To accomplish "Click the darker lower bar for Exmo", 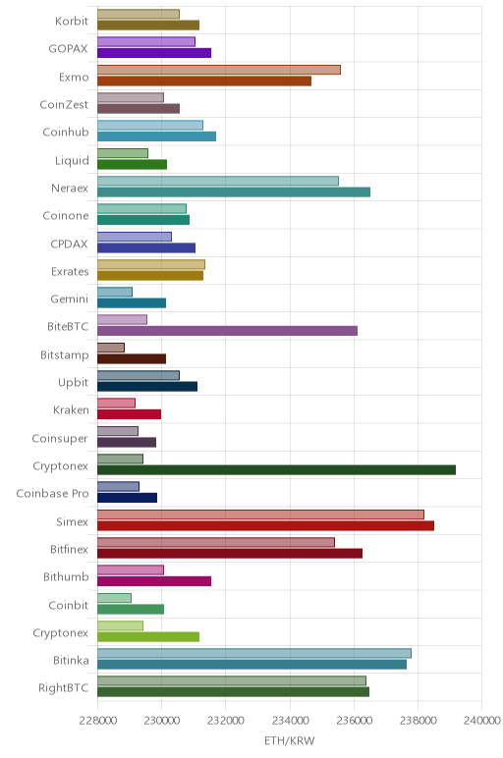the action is pyautogui.click(x=204, y=81).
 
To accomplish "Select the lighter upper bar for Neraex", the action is pyautogui.click(x=218, y=182).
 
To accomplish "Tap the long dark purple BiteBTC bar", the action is pyautogui.click(x=227, y=331).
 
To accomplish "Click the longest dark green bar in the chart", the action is pyautogui.click(x=276, y=470).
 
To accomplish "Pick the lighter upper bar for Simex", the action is pyautogui.click(x=260, y=514).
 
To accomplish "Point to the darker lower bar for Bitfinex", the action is pyautogui.click(x=230, y=554).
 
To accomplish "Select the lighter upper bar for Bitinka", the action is pyautogui.click(x=254, y=654).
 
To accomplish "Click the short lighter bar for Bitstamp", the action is pyautogui.click(x=111, y=348).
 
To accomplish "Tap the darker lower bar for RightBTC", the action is pyautogui.click(x=233, y=692).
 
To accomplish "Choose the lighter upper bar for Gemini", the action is pyautogui.click(x=115, y=292).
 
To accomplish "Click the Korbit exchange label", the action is pyautogui.click(x=72, y=21).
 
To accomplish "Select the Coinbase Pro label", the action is pyautogui.click(x=53, y=494).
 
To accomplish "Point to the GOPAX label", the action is pyautogui.click(x=68, y=49).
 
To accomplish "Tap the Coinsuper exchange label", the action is pyautogui.click(x=60, y=439).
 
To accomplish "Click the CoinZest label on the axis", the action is pyautogui.click(x=64, y=104).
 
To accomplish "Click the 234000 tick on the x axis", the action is pyautogui.click(x=290, y=721).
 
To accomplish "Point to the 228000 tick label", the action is pyautogui.click(x=97, y=721).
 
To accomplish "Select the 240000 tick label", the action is pyautogui.click(x=481, y=721).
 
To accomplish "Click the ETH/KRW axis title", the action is pyautogui.click(x=289, y=740).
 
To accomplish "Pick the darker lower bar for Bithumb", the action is pyautogui.click(x=154, y=581).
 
